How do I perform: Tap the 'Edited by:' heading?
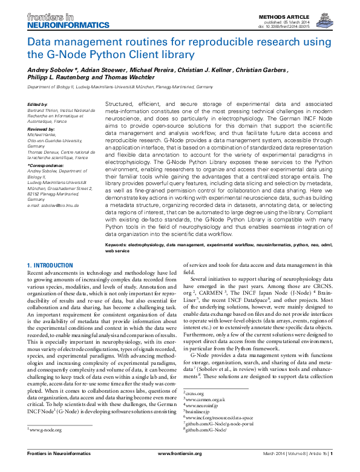38,104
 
